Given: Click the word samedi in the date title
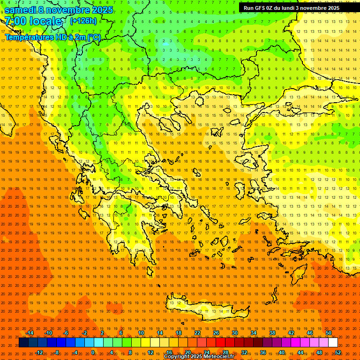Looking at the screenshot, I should coord(21,10).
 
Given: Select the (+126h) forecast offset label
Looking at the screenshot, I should coord(83,21).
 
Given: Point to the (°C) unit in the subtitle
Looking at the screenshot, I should coord(94,37).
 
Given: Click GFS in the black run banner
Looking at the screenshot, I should coord(261,8).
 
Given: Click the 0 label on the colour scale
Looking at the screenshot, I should coord(93,352).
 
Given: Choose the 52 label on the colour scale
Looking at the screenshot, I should coord(338,352).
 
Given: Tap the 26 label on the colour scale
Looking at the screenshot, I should coord(216,333).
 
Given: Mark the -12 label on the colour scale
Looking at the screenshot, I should coord(39,352).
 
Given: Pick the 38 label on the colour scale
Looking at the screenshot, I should coord(272,333).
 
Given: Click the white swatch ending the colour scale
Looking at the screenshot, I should coord(333,343).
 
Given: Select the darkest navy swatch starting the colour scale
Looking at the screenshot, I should coord(23,343).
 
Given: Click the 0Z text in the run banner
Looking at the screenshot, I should coord(270,8).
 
